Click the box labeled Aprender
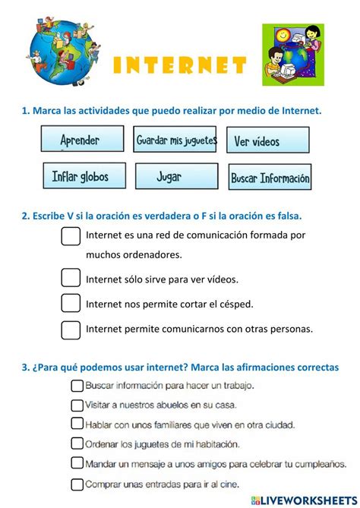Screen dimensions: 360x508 82,140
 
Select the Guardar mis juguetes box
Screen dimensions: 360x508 176,140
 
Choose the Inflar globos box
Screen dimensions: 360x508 82,177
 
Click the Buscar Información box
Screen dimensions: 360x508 270,178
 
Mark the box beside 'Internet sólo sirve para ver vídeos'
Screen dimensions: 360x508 71,278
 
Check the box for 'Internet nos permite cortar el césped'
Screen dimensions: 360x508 71,304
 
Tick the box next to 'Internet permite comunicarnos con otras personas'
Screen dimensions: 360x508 71,330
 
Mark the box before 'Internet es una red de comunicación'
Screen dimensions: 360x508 71,237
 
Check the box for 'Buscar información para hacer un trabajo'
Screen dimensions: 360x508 77,386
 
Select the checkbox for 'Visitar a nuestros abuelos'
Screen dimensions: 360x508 77,405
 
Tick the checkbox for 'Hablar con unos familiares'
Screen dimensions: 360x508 77,424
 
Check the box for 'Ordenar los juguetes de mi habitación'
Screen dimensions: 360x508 77,443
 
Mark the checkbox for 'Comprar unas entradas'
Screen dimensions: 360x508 77,482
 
